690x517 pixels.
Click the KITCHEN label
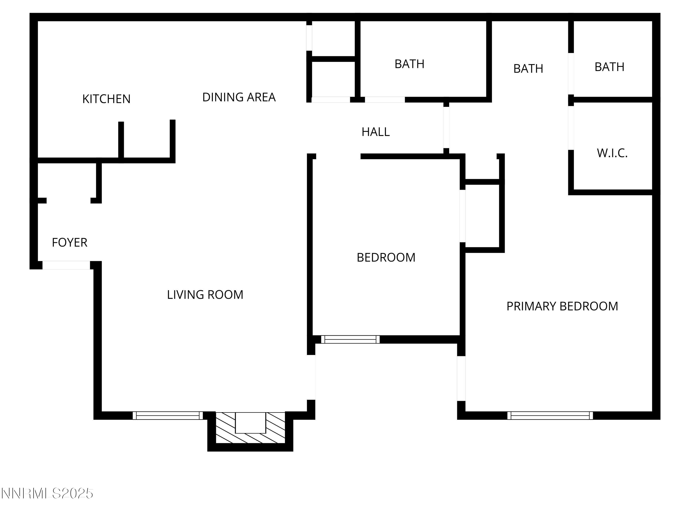[106, 99]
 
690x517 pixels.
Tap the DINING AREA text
[239, 97]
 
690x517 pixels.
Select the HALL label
[375, 132]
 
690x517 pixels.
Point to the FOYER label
[69, 242]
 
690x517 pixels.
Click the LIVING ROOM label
[205, 295]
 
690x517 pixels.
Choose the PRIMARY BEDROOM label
[562, 306]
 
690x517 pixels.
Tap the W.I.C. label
[612, 153]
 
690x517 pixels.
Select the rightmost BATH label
[609, 67]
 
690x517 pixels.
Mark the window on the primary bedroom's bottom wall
[550, 415]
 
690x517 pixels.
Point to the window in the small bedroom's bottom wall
[350, 339]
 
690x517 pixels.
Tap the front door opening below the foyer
[66, 265]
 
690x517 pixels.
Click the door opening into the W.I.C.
[571, 128]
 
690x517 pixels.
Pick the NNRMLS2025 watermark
[47, 493]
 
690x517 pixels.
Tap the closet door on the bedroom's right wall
[463, 216]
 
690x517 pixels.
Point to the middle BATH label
[528, 68]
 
